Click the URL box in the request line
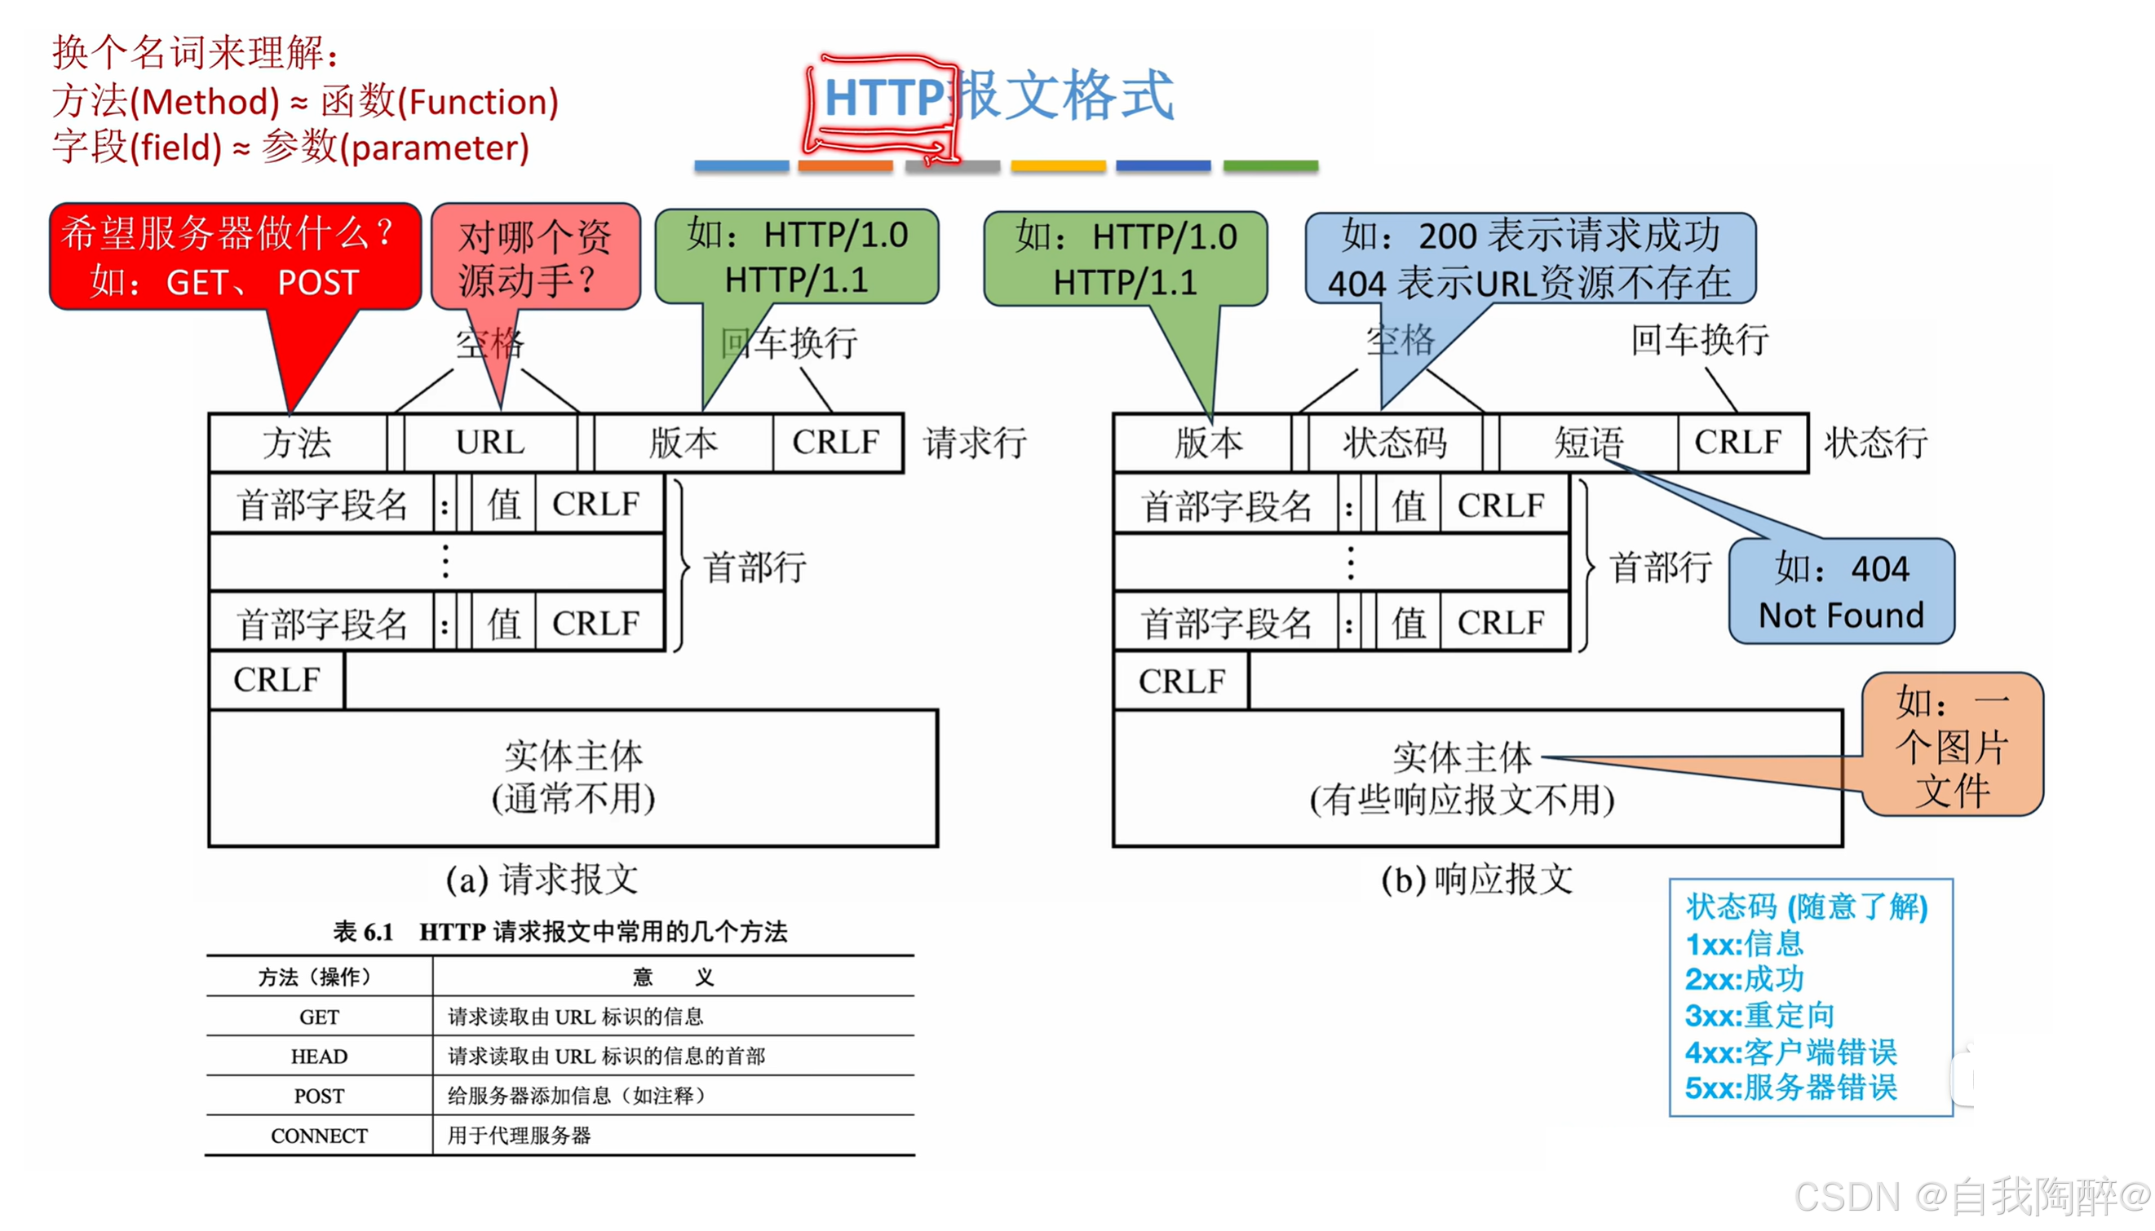490,442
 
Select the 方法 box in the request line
297,442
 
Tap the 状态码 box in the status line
1395,443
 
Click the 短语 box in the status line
1588,443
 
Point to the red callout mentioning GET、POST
235,256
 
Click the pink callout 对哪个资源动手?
535,257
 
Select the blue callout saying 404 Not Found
1841,591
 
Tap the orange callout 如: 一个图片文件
1952,745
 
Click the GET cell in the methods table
320,1017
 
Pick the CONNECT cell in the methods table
320,1135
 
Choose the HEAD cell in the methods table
320,1056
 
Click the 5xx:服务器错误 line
1790,1088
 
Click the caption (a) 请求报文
542,880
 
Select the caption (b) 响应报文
1476,880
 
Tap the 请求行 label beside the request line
976,443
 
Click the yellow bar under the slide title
1058,166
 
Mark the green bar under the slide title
1270,166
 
